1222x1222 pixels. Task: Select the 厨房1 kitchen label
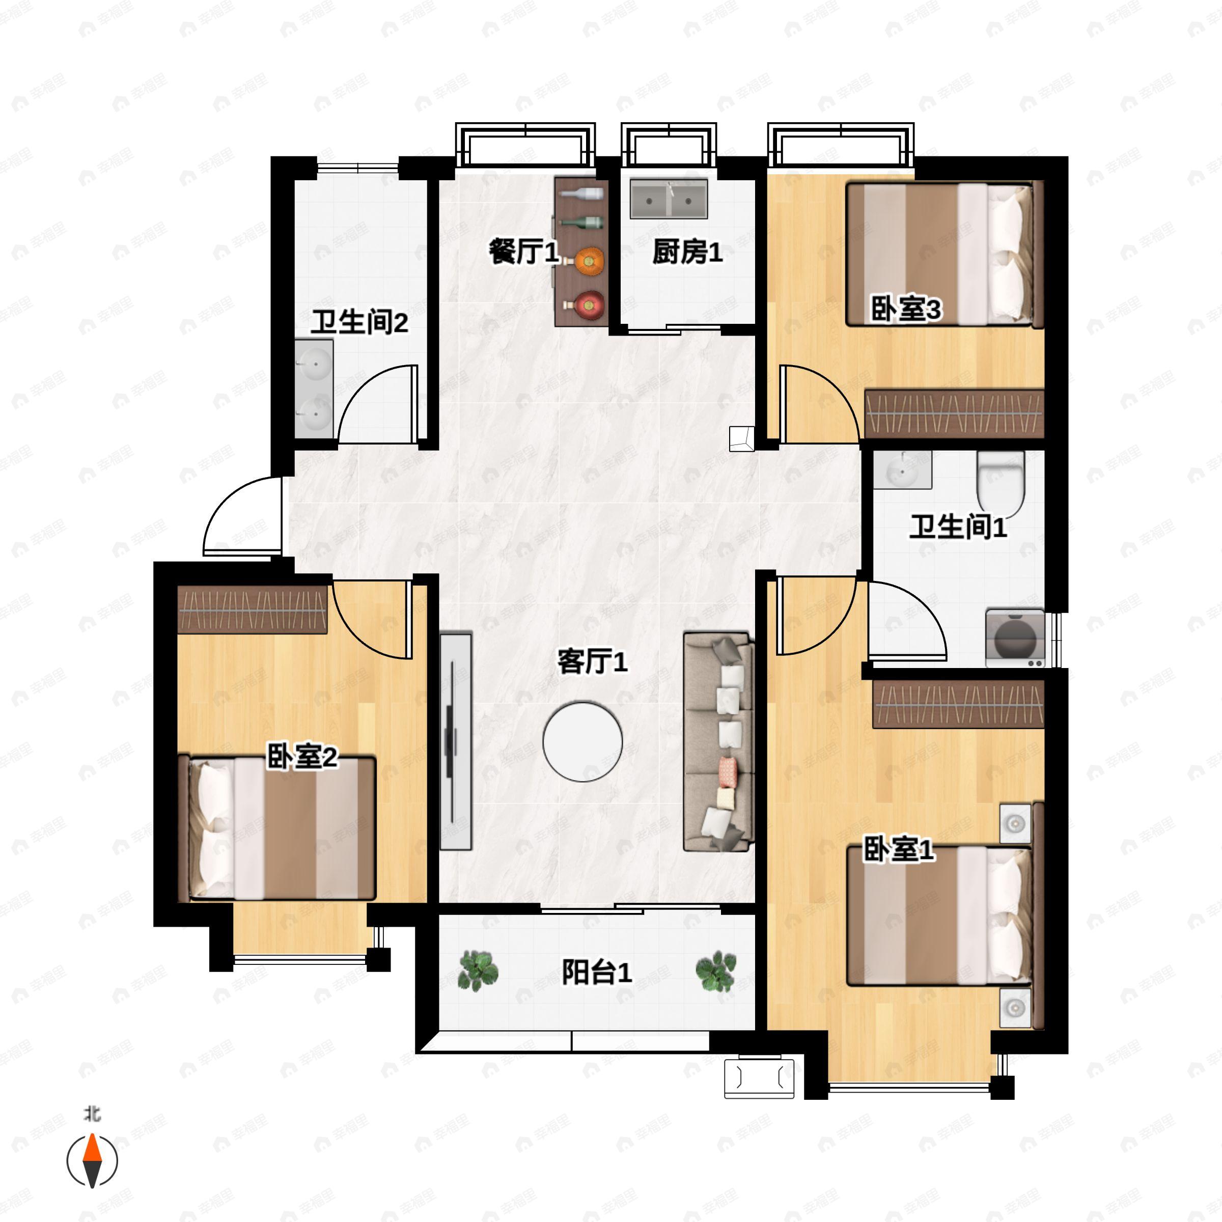[x=687, y=252]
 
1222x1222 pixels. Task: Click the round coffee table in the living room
[x=582, y=741]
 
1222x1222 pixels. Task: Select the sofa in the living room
[x=719, y=742]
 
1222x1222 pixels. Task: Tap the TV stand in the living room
[x=456, y=741]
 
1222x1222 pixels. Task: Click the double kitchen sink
[x=669, y=199]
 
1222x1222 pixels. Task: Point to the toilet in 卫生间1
[x=1001, y=483]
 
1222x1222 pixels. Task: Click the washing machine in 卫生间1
[x=1015, y=637]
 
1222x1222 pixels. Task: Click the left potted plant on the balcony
[x=478, y=971]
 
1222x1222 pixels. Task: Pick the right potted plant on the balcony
[x=716, y=971]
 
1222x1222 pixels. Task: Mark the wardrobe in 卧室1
[x=958, y=705]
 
